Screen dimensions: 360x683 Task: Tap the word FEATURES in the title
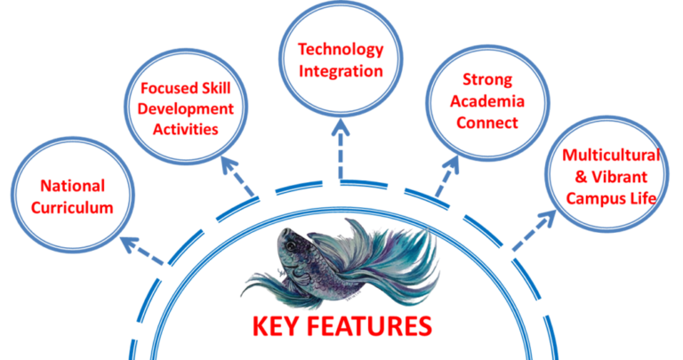[374, 325]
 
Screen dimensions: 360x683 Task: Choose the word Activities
[186, 129]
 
